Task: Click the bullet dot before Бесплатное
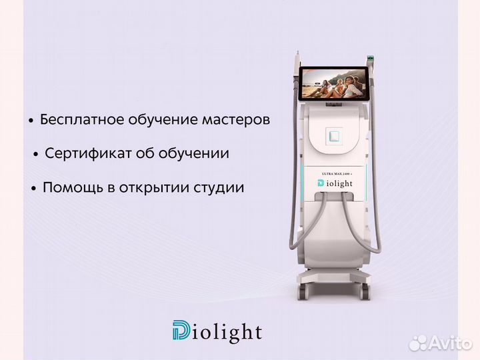point(31,121)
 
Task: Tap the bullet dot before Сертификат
point(36,155)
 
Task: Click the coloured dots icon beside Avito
point(418,343)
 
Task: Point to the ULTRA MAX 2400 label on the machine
point(337,173)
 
